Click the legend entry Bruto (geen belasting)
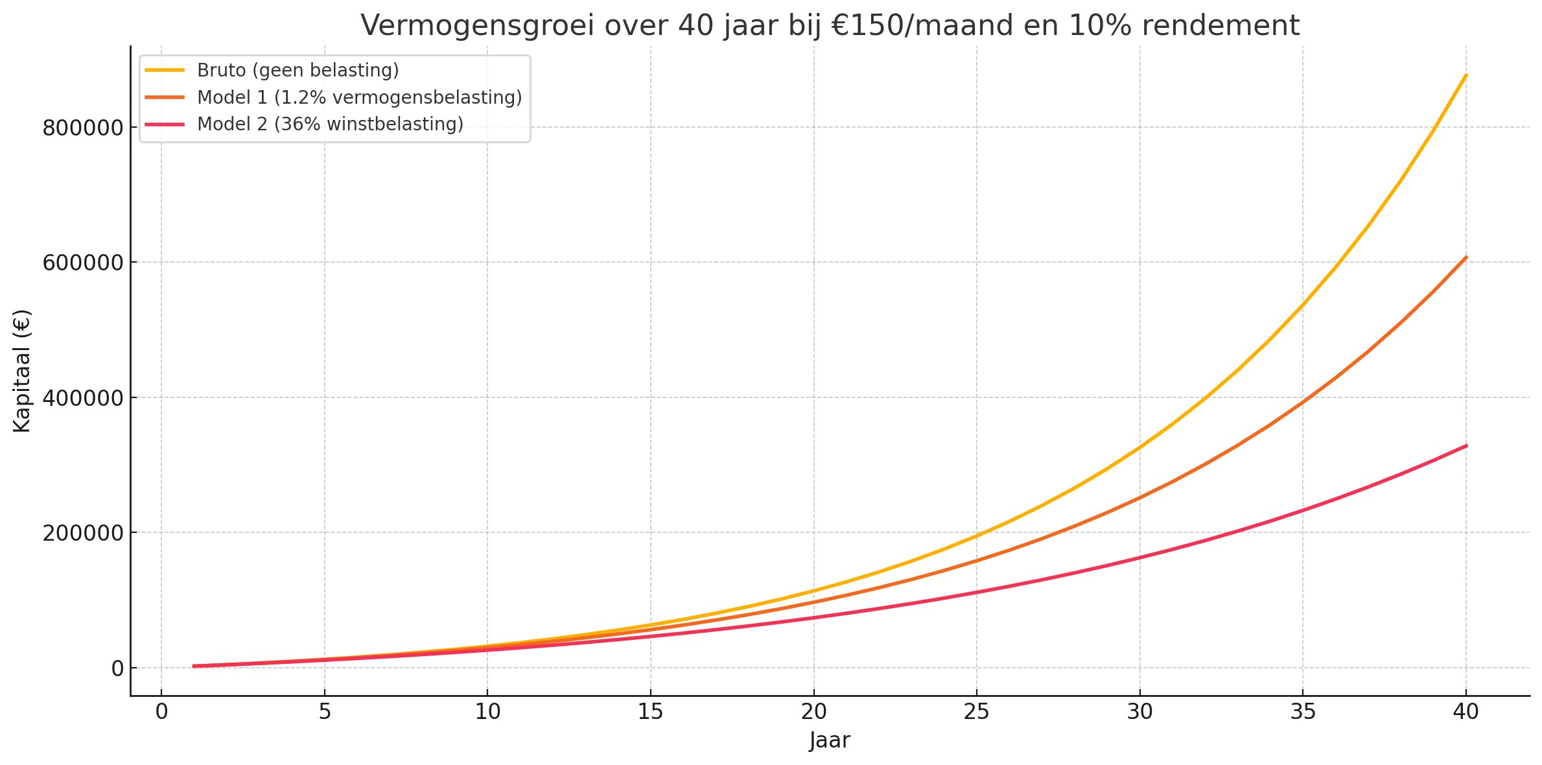[x=298, y=70]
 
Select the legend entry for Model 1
[x=359, y=97]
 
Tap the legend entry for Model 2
[x=330, y=124]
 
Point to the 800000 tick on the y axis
[x=82, y=128]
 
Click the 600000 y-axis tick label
[x=82, y=263]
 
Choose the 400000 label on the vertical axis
[x=82, y=397]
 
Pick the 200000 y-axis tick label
[x=82, y=533]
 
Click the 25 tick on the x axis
[x=977, y=712]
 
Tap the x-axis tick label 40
[x=1466, y=712]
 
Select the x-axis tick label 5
[x=325, y=712]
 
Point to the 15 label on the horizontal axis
[x=651, y=712]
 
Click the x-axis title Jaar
[x=830, y=740]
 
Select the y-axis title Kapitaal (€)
[x=22, y=371]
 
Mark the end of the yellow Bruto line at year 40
[x=1466, y=75]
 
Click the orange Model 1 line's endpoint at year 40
[x=1466, y=257]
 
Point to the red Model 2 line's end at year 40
[x=1466, y=445]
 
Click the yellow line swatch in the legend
[x=165, y=70]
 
